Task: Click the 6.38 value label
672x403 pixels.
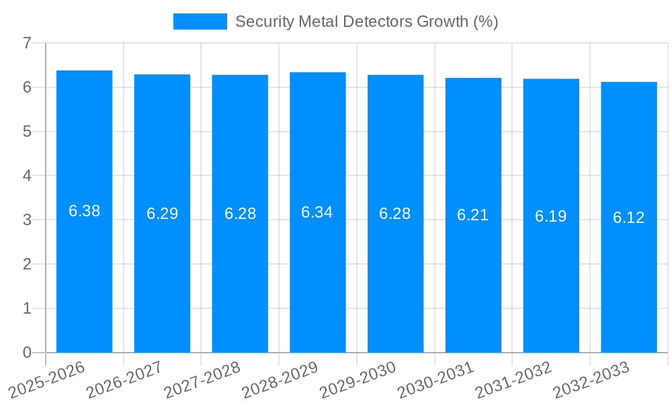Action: pos(84,211)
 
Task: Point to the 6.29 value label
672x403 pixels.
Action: pos(162,214)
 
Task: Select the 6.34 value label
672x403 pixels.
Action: pos(317,212)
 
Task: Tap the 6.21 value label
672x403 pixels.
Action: pos(473,215)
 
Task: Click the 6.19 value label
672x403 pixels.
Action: pos(550,216)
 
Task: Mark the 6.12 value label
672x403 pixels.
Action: pos(628,218)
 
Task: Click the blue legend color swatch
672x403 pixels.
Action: pos(200,21)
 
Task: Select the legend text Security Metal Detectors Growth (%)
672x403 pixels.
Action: pos(366,21)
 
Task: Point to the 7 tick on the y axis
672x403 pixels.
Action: pos(27,43)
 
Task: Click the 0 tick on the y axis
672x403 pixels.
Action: pos(27,353)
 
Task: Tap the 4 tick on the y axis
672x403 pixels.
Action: pos(27,176)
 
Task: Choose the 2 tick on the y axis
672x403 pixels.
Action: pos(27,264)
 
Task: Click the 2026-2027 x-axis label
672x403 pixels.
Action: pos(125,380)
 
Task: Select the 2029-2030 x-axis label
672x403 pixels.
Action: pos(358,380)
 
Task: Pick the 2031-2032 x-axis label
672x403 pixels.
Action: pos(514,380)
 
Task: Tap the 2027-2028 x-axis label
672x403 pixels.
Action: pos(203,380)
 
